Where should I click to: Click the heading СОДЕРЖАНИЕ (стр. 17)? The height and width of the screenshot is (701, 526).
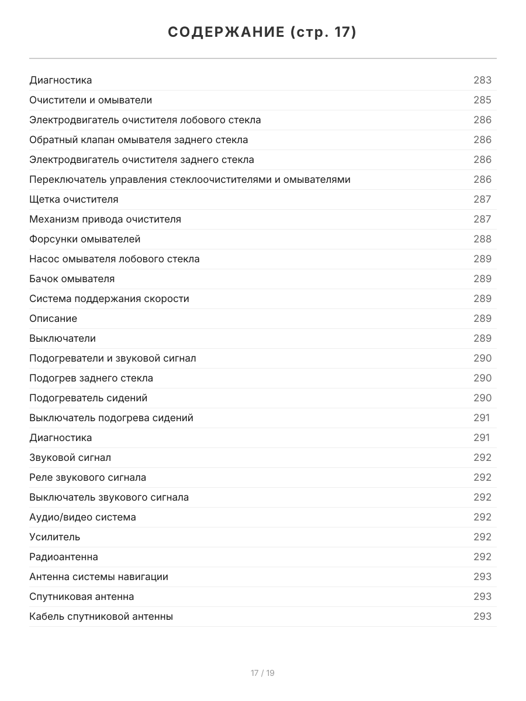262,32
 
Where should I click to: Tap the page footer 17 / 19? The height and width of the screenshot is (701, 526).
262,673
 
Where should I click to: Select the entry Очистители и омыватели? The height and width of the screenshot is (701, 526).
91,100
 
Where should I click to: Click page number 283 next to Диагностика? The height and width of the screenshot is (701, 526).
482,80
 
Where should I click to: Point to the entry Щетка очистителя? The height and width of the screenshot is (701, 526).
74,199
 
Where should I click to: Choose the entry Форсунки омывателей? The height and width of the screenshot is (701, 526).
85,239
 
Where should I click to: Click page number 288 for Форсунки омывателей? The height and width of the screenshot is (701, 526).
482,239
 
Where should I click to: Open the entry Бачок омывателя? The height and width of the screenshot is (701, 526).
72,279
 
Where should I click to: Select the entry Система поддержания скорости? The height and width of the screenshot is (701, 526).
109,299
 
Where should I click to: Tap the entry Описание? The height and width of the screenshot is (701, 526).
53,318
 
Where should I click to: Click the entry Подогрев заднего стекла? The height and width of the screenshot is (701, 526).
91,378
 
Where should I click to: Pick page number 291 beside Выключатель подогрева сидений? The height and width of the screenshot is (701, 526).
482,418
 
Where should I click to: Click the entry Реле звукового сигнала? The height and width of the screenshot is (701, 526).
88,477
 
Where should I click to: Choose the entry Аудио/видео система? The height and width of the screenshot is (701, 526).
82,517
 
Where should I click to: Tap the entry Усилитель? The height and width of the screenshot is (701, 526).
55,537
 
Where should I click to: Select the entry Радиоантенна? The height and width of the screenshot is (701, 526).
64,557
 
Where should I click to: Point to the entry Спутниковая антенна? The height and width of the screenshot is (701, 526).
82,596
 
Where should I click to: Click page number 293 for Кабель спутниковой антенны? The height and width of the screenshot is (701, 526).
482,616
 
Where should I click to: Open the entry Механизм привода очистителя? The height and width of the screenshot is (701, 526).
105,219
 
